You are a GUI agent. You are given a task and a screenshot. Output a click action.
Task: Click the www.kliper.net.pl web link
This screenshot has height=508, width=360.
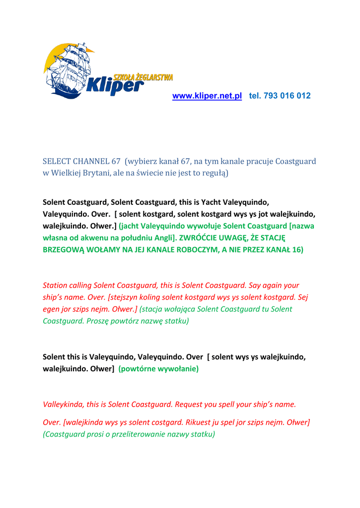coord(207,96)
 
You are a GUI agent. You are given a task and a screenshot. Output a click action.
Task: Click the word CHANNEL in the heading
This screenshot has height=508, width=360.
coord(92,161)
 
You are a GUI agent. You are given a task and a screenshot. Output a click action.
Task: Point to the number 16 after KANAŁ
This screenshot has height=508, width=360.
coord(296,250)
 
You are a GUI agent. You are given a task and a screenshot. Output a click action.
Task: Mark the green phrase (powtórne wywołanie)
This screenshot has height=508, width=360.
coord(158,369)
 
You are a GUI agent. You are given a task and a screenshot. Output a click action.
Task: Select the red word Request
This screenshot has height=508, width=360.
coord(189,404)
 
